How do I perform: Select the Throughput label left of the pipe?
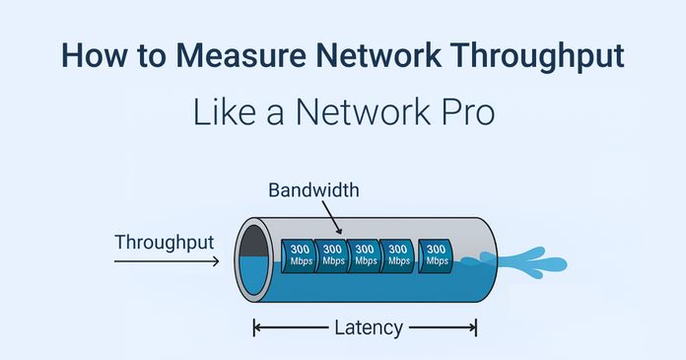pyautogui.click(x=164, y=242)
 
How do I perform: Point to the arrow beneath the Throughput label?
pyautogui.click(x=166, y=262)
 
